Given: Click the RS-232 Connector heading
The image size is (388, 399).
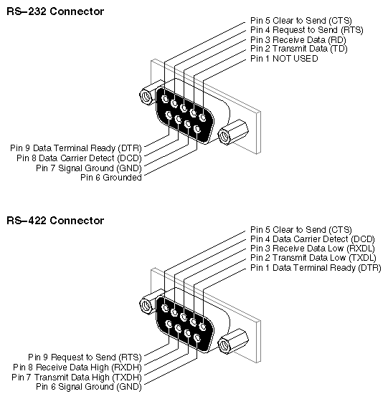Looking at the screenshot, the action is [55, 11].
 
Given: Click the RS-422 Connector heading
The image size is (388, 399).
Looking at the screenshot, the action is [55, 221].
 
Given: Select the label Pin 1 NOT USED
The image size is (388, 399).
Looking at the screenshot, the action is [284, 59].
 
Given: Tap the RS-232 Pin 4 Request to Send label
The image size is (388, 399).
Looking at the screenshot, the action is [307, 30].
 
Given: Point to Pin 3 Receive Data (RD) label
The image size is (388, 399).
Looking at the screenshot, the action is [298, 40].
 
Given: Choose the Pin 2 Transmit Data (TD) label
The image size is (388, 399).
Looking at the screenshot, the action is [299, 49].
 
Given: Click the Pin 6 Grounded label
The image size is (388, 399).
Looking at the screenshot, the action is [111, 178].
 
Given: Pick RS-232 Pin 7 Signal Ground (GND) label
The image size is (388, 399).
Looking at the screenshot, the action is [89, 168].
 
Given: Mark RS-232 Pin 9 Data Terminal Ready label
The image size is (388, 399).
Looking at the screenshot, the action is [76, 148].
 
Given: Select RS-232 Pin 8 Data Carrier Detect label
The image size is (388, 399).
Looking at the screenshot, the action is [79, 158].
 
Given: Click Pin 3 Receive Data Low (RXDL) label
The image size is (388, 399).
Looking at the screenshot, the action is [312, 249].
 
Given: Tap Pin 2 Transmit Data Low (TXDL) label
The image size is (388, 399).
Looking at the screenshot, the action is [313, 258].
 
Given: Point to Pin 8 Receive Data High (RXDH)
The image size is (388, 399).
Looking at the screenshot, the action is [77, 367].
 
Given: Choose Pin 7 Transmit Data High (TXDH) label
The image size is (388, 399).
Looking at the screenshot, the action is [77, 377].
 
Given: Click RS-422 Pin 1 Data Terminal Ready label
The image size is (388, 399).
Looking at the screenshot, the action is [316, 268].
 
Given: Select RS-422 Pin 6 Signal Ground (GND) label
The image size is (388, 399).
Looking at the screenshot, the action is [89, 387].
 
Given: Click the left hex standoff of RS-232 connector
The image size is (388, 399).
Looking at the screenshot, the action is [151, 93].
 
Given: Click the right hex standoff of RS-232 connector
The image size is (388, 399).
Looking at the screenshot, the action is [233, 132].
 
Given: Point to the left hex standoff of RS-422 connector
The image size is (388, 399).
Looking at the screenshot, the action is [151, 302].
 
